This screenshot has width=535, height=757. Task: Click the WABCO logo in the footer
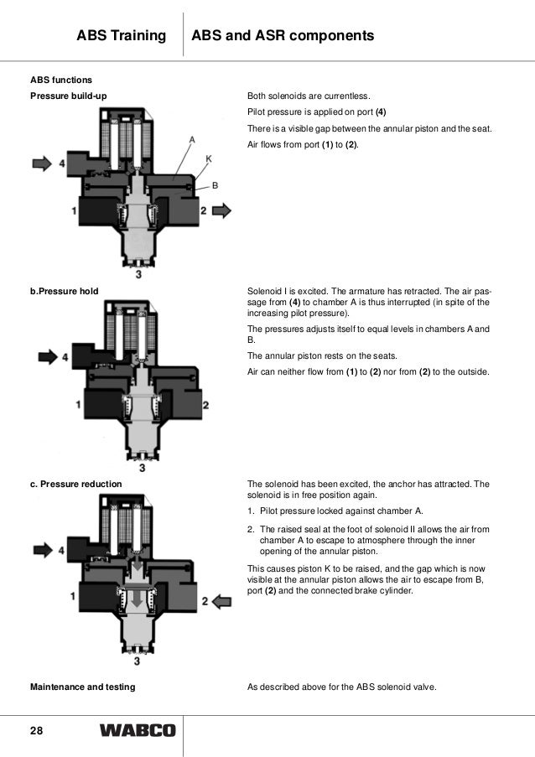(138, 731)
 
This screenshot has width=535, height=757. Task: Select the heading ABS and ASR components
(283, 36)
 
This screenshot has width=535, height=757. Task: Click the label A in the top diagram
(192, 139)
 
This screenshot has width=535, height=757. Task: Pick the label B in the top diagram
(216, 186)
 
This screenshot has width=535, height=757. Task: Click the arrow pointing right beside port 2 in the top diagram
(221, 211)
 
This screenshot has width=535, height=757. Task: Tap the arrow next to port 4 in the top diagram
(41, 163)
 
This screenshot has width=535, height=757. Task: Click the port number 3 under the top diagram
(138, 273)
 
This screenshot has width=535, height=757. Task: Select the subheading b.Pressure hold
(65, 291)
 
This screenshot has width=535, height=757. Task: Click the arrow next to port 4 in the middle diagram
(48, 356)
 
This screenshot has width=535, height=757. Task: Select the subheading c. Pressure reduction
(76, 484)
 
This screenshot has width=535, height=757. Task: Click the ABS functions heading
(62, 80)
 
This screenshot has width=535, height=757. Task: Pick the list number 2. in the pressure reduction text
(251, 529)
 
